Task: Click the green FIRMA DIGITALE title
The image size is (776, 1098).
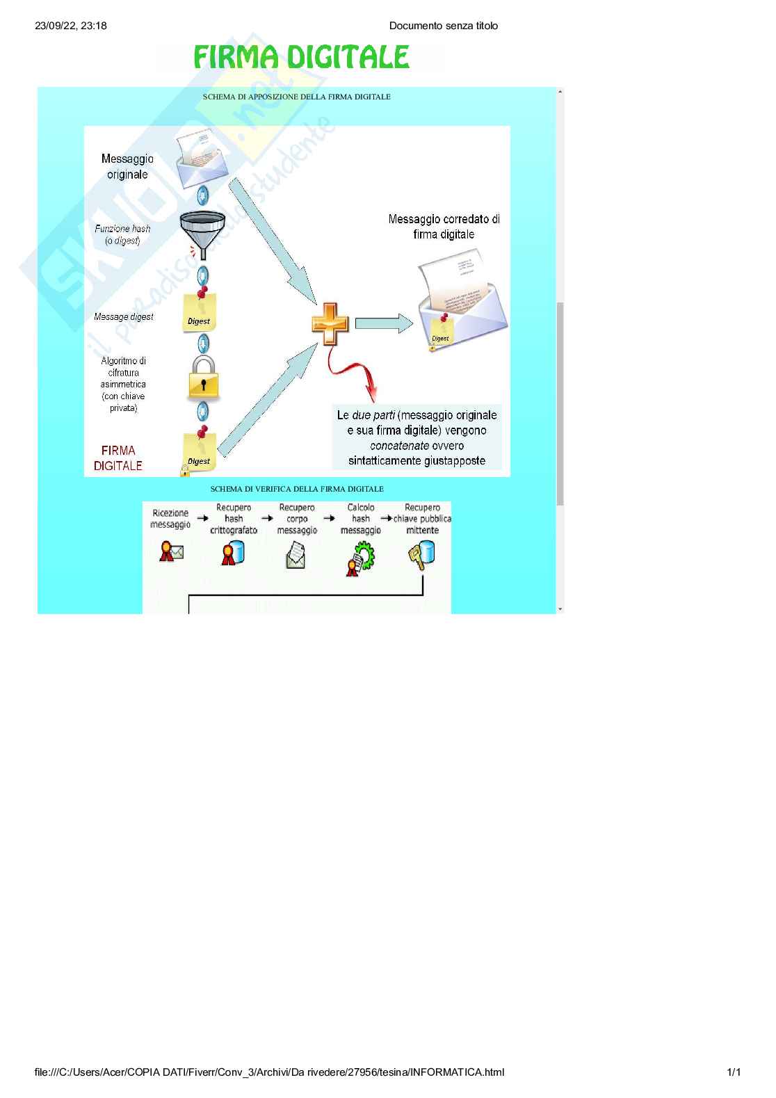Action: point(301,57)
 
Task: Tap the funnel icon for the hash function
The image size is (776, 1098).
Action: point(202,229)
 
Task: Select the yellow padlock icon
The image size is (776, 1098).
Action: point(203,378)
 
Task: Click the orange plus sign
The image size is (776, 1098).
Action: point(330,323)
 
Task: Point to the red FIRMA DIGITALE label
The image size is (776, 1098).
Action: point(118,458)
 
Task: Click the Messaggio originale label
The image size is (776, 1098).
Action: point(127,167)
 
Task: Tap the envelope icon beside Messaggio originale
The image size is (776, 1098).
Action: point(202,161)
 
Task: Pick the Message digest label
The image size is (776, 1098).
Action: point(124,317)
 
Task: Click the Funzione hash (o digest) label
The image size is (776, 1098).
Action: point(123,234)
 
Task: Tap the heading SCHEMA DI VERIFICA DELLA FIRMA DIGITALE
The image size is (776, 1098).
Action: point(297,489)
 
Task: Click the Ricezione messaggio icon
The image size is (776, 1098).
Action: point(171,552)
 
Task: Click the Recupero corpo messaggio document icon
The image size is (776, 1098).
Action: point(296,555)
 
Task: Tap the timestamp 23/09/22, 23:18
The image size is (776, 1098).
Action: point(71,26)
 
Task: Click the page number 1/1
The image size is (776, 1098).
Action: point(734,1072)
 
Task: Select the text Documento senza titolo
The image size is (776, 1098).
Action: point(444,26)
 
